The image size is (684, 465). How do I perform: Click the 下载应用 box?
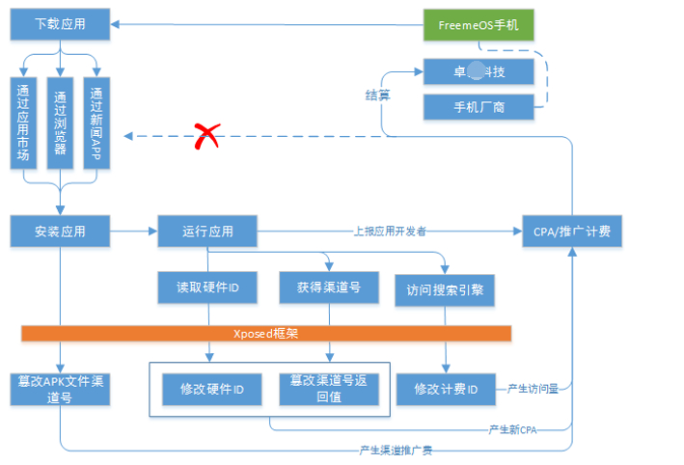(x=60, y=25)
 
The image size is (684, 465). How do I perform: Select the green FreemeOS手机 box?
(x=479, y=25)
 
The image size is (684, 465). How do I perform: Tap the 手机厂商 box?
(x=479, y=106)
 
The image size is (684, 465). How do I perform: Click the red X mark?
(x=205, y=137)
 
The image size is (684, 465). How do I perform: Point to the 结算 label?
(x=377, y=95)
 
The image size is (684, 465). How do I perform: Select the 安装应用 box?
(x=60, y=232)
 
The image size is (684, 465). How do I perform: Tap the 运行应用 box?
(x=206, y=232)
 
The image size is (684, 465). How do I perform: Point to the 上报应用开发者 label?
(x=390, y=232)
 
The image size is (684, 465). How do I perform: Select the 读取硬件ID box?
(x=206, y=287)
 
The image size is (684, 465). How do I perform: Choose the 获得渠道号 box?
(x=329, y=287)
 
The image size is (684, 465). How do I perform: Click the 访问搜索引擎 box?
(x=445, y=289)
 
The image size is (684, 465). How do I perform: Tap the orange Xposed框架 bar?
(x=265, y=333)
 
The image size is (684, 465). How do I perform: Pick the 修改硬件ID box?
(x=212, y=389)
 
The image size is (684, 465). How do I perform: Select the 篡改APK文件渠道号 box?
(x=60, y=388)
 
